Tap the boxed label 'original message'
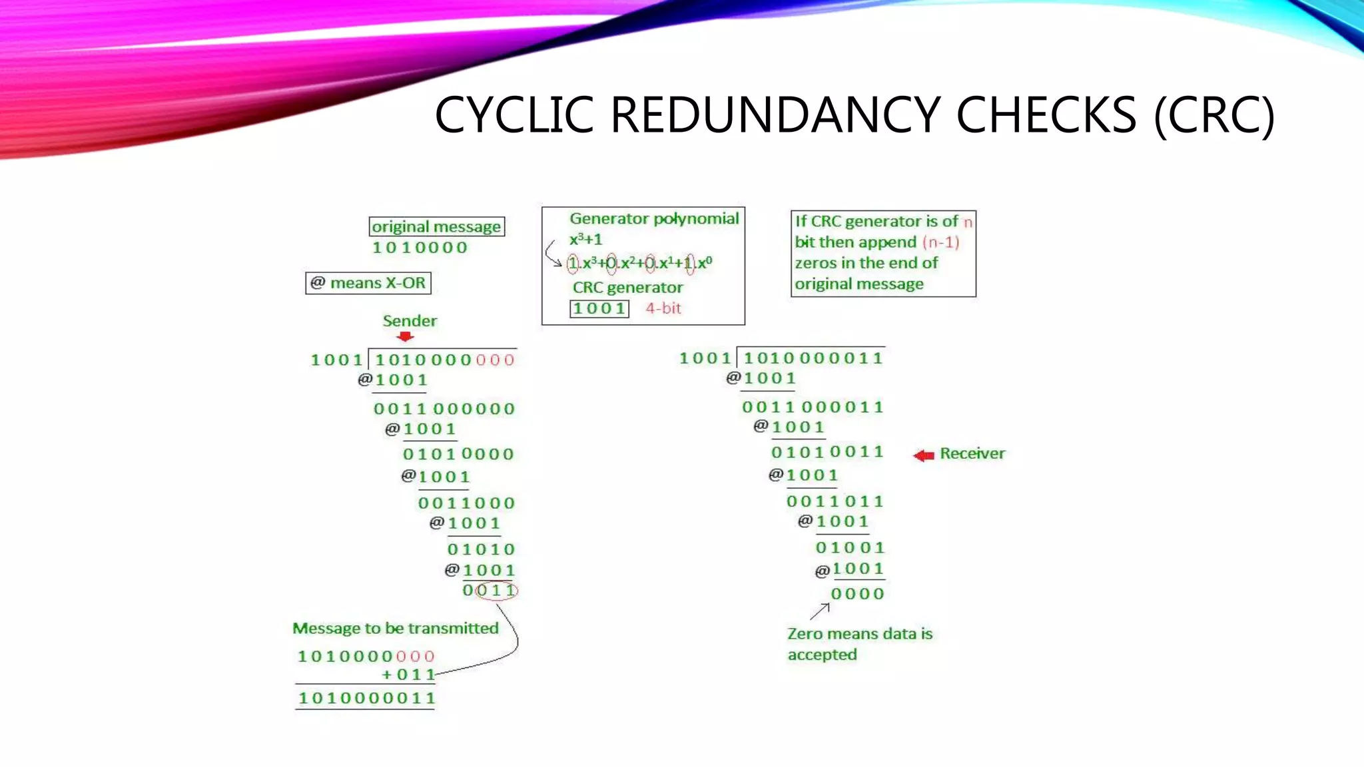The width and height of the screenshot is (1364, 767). pyautogui.click(x=436, y=226)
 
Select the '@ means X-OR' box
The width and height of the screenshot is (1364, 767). pyautogui.click(x=368, y=283)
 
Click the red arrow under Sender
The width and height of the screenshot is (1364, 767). pyautogui.click(x=405, y=336)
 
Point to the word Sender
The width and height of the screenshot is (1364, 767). pyautogui.click(x=410, y=321)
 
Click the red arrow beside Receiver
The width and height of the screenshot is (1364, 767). pyautogui.click(x=923, y=455)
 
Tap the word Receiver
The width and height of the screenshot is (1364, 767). pyautogui.click(x=972, y=453)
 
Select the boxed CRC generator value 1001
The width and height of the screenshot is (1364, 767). pyautogui.click(x=599, y=309)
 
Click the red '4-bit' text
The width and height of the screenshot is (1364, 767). pyautogui.click(x=663, y=308)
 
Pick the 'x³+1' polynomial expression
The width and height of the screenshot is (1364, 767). pyautogui.click(x=585, y=239)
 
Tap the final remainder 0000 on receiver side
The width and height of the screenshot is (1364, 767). pyautogui.click(x=857, y=594)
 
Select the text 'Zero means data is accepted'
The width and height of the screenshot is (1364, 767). pyautogui.click(x=859, y=644)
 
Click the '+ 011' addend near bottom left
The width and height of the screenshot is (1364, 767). pyautogui.click(x=408, y=674)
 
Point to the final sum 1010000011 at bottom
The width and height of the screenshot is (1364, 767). pyautogui.click(x=366, y=698)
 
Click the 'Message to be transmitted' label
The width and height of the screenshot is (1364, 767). pyautogui.click(x=395, y=629)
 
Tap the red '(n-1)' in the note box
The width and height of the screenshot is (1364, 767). pyautogui.click(x=940, y=242)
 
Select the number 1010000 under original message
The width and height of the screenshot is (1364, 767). pyautogui.click(x=420, y=248)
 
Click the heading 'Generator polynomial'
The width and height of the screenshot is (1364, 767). pyautogui.click(x=654, y=218)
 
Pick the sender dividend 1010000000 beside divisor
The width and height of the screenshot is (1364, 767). pyautogui.click(x=444, y=360)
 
